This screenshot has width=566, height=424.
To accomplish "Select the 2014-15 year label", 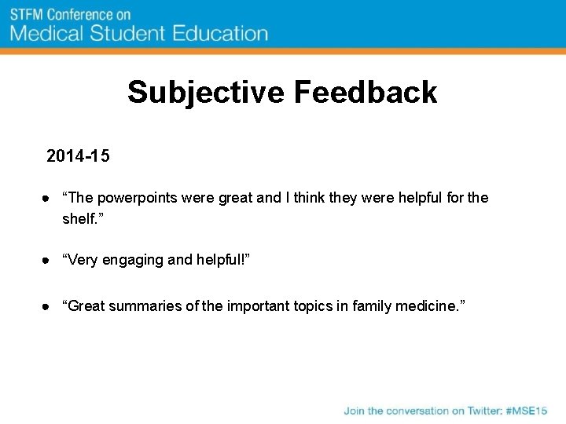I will point(78,156).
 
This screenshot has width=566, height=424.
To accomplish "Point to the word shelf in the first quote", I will point(79,218).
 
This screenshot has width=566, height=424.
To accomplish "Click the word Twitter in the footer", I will point(479,411).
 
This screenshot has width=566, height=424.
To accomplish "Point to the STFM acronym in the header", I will point(27,14).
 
